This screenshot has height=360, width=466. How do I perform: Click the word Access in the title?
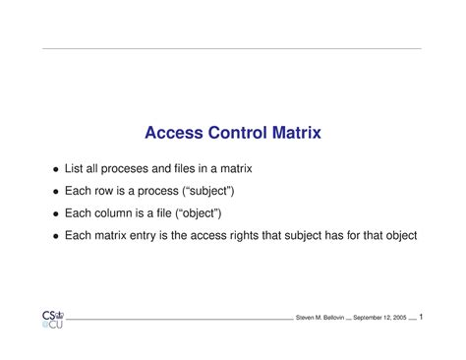tap(174, 132)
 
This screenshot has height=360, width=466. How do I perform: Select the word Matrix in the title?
tap(295, 132)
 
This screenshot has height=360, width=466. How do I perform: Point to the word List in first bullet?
tap(74, 167)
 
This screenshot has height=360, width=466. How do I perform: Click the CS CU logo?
tap(52, 320)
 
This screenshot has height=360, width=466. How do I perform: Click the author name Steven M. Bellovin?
tap(328, 319)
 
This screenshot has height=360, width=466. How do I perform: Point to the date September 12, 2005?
tap(379, 319)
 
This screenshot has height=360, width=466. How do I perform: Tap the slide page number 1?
tap(421, 317)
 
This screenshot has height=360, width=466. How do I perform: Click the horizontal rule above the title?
tap(233, 48)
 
